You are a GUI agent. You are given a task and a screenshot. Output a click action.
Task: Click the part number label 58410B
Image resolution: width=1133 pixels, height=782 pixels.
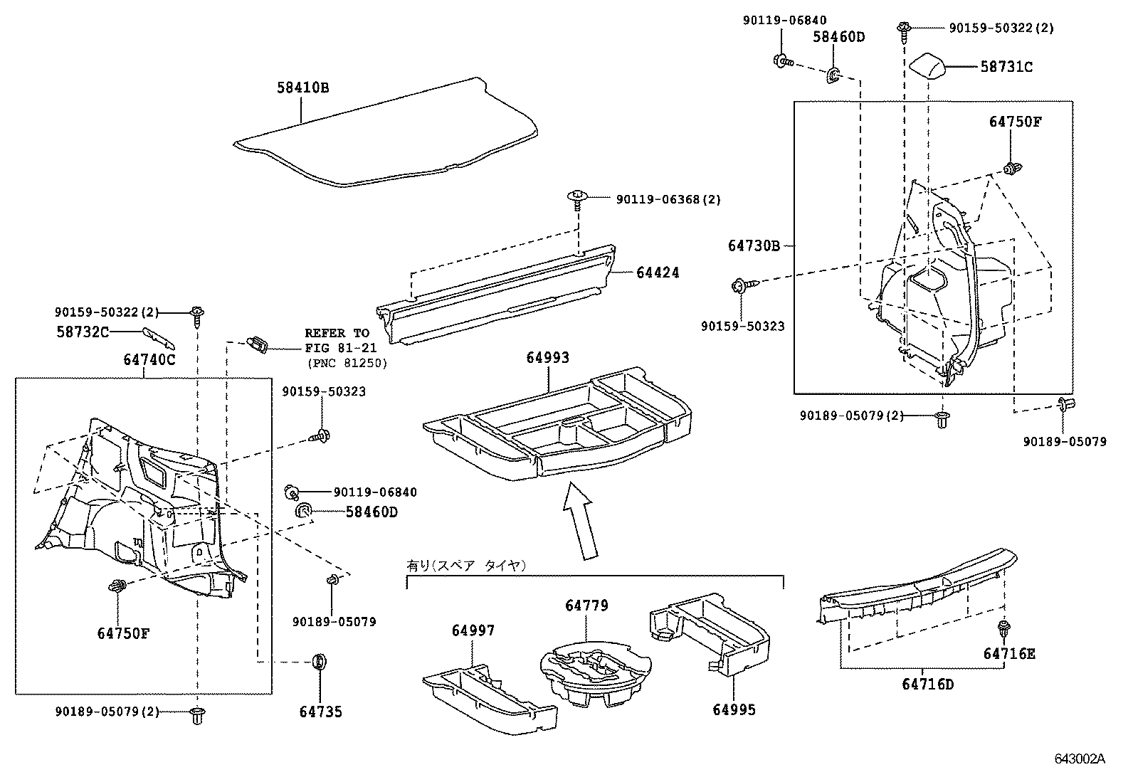click(302, 88)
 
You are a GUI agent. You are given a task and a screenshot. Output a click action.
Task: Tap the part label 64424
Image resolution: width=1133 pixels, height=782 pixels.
click(658, 273)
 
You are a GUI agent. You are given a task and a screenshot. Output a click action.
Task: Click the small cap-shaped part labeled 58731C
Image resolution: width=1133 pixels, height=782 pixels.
click(930, 67)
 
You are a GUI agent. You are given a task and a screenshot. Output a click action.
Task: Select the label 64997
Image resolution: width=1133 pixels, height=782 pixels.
click(473, 630)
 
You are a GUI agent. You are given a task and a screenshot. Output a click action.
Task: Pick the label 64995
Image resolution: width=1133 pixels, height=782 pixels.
click(734, 709)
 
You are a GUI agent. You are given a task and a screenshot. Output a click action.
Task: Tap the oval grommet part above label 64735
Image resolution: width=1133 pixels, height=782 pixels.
click(320, 662)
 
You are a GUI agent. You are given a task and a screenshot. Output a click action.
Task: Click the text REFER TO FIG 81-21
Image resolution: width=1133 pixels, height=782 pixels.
click(337, 339)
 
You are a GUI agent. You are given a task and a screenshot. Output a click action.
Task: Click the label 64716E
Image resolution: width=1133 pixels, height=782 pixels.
click(1009, 653)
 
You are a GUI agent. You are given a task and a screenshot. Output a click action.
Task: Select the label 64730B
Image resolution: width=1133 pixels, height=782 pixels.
click(754, 245)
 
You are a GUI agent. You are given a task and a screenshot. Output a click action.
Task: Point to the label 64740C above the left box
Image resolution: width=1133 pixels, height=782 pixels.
click(149, 359)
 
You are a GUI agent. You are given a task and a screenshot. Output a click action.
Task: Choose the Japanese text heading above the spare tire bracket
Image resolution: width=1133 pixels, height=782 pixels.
click(465, 566)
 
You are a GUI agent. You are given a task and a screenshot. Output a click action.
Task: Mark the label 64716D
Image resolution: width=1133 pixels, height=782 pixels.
click(927, 685)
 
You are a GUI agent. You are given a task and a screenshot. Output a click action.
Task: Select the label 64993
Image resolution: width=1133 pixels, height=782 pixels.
click(548, 358)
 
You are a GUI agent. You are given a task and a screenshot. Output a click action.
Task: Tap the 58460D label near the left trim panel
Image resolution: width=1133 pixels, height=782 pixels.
click(371, 512)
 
